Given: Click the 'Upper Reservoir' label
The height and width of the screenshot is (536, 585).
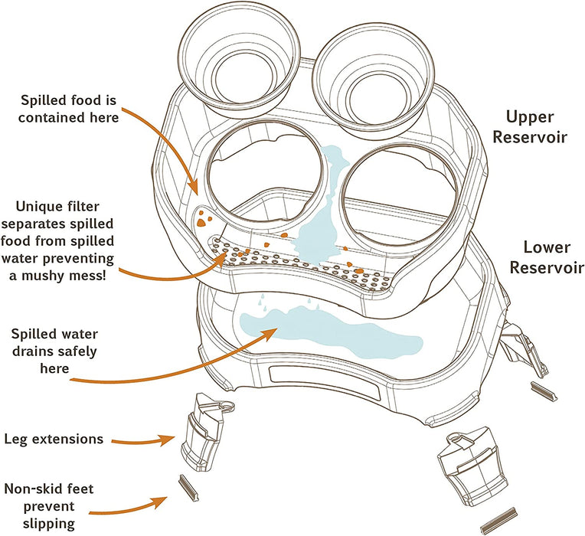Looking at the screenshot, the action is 530,127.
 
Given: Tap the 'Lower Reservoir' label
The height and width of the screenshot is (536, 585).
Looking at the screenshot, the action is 547,257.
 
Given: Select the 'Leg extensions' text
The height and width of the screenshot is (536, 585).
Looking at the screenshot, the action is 54,439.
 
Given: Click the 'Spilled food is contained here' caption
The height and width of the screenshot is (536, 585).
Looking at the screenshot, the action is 68,109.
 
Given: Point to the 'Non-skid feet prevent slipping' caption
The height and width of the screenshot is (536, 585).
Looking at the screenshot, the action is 49,506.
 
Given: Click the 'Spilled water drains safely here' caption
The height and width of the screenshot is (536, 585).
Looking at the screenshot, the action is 54,351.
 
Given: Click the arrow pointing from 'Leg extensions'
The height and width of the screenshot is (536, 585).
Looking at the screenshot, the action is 144,441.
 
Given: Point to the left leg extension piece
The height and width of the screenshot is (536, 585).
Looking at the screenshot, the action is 204,431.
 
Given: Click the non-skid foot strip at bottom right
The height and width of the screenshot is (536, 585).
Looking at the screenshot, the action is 498,521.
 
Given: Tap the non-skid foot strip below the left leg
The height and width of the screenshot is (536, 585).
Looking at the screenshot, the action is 188,488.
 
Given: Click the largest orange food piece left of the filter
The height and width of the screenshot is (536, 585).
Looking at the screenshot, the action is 201,223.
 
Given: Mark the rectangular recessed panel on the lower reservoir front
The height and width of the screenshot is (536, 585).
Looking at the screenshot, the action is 325,383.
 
